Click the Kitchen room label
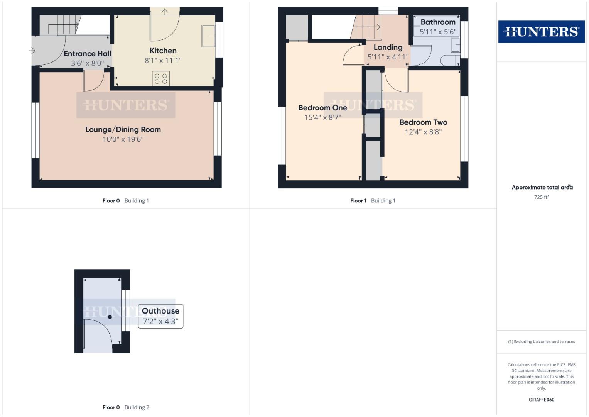point(163,51)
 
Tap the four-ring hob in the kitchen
point(161,79)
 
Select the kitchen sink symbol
point(208,36)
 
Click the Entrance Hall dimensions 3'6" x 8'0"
point(87,63)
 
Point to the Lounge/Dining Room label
point(123,130)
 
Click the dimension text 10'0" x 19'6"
point(123,139)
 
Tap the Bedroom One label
point(322,108)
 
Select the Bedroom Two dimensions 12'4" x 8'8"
point(423,132)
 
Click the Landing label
point(388,47)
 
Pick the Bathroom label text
point(438,22)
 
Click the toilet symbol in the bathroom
point(450,61)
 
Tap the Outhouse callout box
point(160,316)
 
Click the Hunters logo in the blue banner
point(541,32)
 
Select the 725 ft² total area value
point(541,197)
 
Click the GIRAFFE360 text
point(541,400)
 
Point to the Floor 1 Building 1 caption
point(373,200)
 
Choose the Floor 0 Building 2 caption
point(126,407)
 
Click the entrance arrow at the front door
point(32,51)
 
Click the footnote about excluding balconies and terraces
point(541,342)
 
